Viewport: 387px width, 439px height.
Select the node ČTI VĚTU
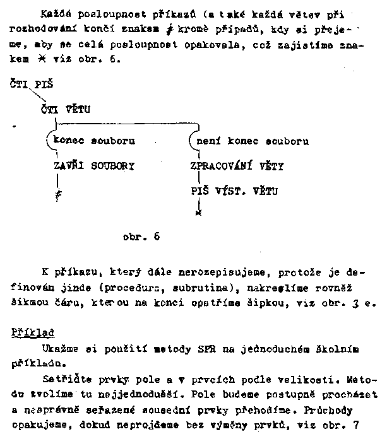click(65, 109)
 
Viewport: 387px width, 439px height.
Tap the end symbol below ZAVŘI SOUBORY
click(58, 196)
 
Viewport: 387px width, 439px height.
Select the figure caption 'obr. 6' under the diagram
click(141, 237)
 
